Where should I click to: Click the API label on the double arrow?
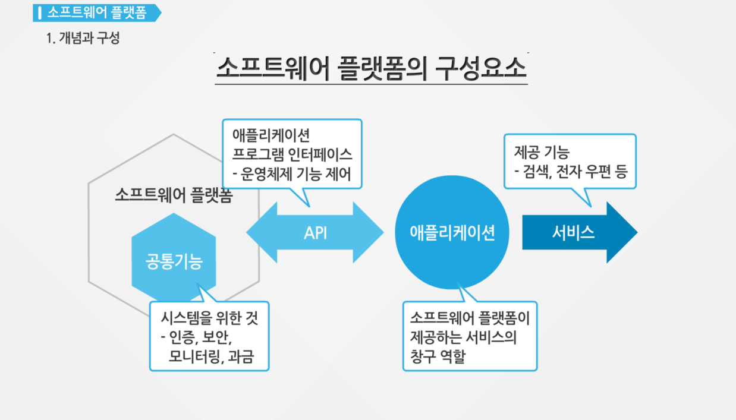(x=316, y=233)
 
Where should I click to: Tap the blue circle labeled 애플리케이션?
(x=452, y=232)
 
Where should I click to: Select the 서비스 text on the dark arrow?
(x=573, y=232)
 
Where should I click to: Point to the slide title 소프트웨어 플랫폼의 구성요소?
(x=372, y=68)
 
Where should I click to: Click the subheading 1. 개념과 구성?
(x=83, y=38)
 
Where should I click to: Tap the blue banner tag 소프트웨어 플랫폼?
(x=97, y=13)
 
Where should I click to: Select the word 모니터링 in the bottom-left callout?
(x=193, y=356)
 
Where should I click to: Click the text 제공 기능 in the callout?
(x=542, y=152)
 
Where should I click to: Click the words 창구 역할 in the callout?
(x=438, y=356)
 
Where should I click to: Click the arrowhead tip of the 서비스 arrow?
(x=637, y=232)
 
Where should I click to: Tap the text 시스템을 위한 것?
(x=210, y=318)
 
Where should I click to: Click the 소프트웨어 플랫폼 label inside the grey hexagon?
(x=174, y=195)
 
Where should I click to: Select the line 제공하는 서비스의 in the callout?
(x=463, y=337)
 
